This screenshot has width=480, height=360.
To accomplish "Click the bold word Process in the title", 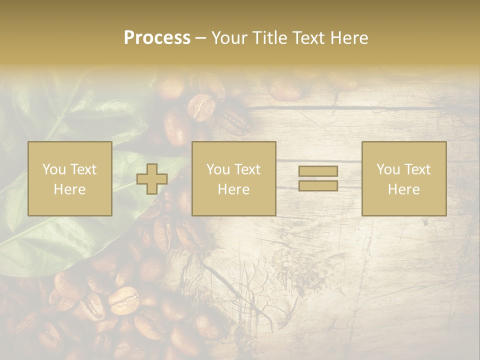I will pos(157,38).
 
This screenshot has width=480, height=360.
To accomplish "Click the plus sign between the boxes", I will pos(152,179).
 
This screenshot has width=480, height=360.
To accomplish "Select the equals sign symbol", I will pos(318,178).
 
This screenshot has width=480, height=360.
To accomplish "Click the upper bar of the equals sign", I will pos(318,171).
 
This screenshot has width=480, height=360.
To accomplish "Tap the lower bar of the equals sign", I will pos(318,185).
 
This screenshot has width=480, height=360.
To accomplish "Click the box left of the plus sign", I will pos(69,178).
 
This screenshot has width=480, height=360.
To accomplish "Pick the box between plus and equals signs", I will pos(233,178).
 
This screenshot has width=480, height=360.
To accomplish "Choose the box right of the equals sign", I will pos(403,178).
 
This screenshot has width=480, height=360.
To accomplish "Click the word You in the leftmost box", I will pos(53,169).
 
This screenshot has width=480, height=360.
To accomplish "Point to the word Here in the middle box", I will pos(233,189).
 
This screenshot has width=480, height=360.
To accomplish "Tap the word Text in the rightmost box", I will pos(417,169).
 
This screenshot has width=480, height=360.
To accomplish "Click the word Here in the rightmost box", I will pos(403,189).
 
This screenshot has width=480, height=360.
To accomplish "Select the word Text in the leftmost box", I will pos(83,169).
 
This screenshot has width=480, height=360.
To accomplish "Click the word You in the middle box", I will pos(217,169).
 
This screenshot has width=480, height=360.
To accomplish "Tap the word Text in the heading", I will pos(306,38).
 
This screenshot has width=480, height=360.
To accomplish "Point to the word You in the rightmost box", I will pos(387,169).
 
